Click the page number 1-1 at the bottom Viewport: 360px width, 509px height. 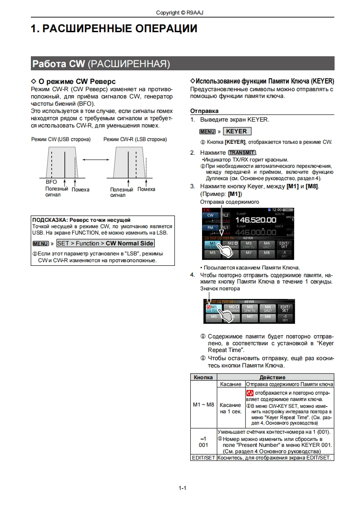[x=182, y=488]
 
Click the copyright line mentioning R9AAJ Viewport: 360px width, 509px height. [x=179, y=13]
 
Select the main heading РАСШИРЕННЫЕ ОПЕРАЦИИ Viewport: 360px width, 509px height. [x=113, y=29]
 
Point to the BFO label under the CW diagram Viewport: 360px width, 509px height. [x=51, y=181]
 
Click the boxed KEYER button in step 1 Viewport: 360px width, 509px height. [x=237, y=131]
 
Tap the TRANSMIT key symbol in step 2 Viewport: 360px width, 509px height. [x=242, y=152]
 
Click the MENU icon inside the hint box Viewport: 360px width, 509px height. [x=40, y=244]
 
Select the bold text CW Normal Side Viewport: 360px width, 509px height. [x=129, y=244]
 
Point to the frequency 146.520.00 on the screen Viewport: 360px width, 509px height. [x=255, y=220]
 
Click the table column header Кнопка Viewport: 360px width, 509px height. [x=203, y=377]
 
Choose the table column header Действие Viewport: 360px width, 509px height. [x=272, y=377]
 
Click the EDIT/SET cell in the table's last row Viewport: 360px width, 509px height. [x=203, y=458]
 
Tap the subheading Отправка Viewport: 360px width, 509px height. [x=204, y=111]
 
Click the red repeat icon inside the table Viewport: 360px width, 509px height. [x=250, y=392]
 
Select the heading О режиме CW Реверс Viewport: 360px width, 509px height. [x=73, y=81]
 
